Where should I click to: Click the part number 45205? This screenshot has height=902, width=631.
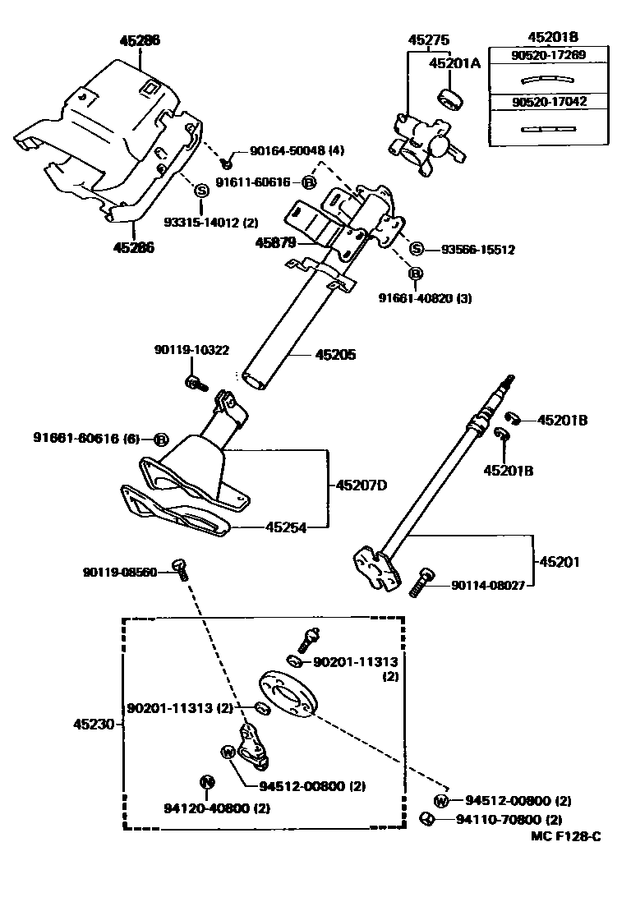pyautogui.click(x=336, y=356)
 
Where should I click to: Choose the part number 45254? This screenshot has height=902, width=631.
pyautogui.click(x=285, y=527)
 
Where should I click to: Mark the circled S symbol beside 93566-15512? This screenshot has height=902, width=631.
pyautogui.click(x=417, y=250)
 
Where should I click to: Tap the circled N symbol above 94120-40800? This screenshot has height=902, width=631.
pyautogui.click(x=207, y=780)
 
